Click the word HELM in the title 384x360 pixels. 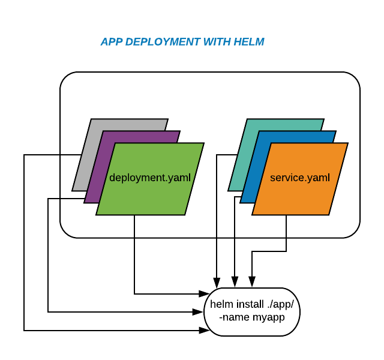[249, 42]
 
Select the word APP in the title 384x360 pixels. [112, 42]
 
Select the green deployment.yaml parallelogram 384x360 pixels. [150, 192]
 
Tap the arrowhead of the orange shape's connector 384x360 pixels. [252, 281]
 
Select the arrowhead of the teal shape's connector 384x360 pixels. [217, 281]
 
